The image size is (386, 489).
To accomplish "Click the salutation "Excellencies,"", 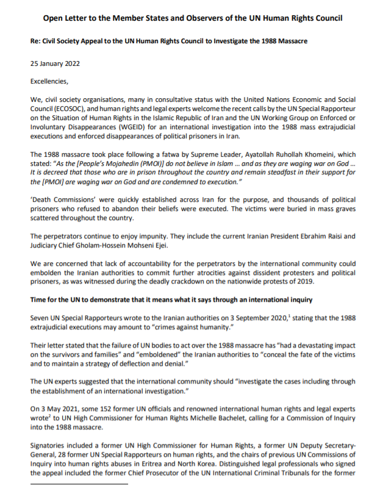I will [52, 79].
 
